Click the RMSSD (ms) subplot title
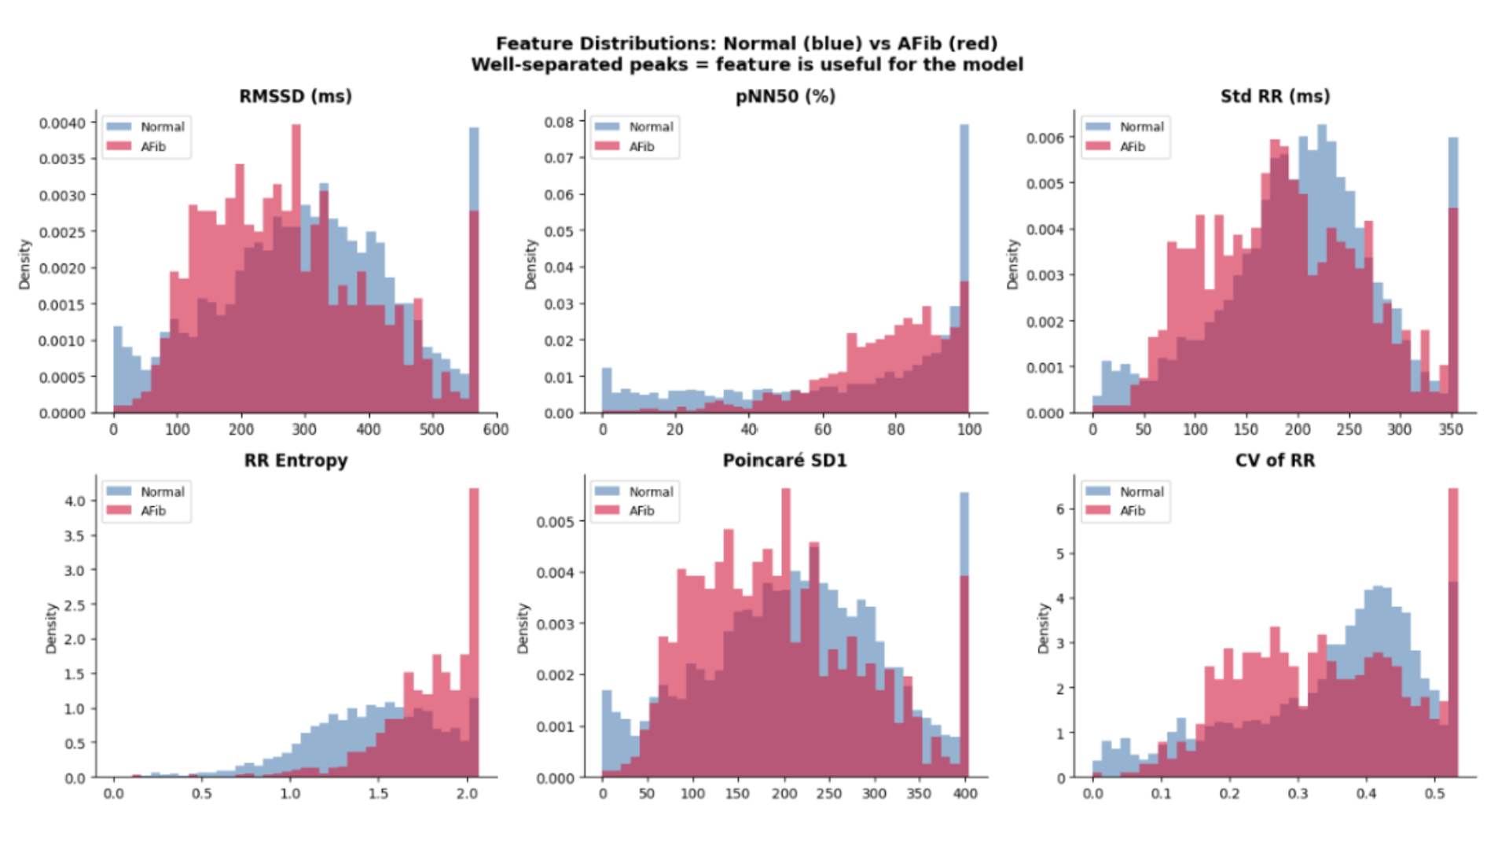296,97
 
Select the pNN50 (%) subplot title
785,97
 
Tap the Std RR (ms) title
1275,97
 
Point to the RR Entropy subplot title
296,461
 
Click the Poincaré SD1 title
785,461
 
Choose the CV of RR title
1275,461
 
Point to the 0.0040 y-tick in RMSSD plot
62,123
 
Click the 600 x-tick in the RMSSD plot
496,429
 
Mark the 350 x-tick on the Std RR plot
1451,429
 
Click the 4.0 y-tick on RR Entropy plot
75,502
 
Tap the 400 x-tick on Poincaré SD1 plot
965,794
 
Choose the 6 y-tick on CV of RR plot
1061,509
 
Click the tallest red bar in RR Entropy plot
474,633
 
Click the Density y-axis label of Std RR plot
1012,264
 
